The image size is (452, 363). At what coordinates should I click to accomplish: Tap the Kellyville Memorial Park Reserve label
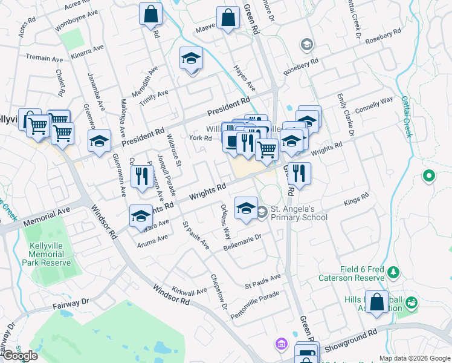click(x=51, y=254)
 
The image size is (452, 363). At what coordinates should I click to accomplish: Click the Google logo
click(x=19, y=356)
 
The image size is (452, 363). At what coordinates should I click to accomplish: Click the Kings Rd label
click(x=356, y=199)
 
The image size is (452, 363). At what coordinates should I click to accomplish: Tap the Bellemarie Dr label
click(x=242, y=243)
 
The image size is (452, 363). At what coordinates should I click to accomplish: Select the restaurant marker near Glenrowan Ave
click(x=141, y=177)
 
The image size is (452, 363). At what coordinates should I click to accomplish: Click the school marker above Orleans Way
click(x=245, y=209)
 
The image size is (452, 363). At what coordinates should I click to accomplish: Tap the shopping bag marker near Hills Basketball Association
click(x=376, y=302)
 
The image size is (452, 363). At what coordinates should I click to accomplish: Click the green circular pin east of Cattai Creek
click(x=429, y=177)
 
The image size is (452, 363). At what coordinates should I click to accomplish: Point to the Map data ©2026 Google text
click(x=414, y=358)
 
